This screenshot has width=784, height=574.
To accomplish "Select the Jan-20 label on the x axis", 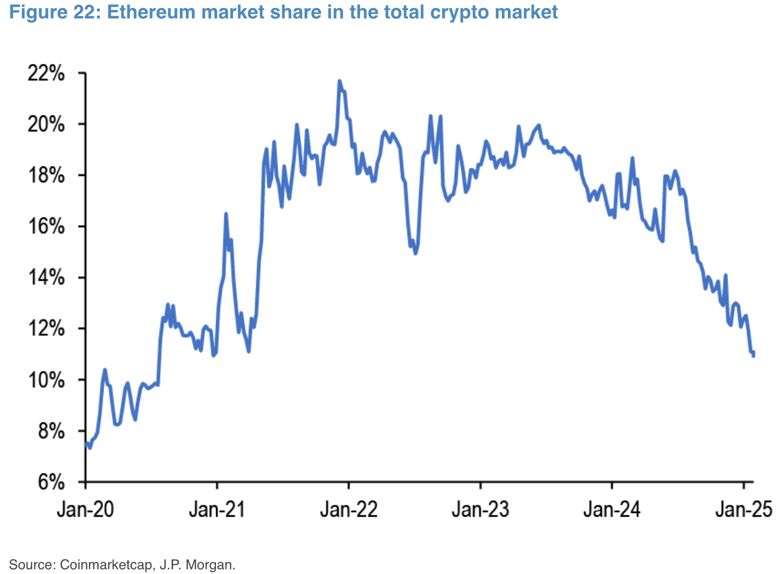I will coord(86,510).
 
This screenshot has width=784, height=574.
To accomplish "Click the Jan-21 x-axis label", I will coord(217,510).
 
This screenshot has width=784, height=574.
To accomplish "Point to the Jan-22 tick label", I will coord(349,510).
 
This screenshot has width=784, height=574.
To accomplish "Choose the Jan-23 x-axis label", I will coord(480,510).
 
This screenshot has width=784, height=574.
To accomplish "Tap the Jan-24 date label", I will coord(612,510).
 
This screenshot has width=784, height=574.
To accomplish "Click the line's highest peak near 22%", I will coord(339,81).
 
